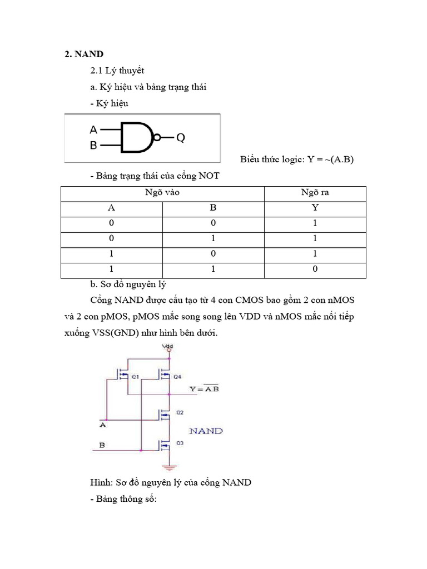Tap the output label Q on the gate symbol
pos(181,138)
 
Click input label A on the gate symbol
pos(93,129)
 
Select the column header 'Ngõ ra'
pos(315,193)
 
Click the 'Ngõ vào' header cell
pos(162,193)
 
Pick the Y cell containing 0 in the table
pos(315,269)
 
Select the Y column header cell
pos(315,208)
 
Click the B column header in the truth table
pos(213,208)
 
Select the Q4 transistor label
pos(177,377)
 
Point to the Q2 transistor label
pos(179,413)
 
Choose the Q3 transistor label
pos(179,443)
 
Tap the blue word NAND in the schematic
pos(206,431)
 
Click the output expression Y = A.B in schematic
pos(203,389)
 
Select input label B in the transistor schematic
pos(102,445)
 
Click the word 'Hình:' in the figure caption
pos(101,482)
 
